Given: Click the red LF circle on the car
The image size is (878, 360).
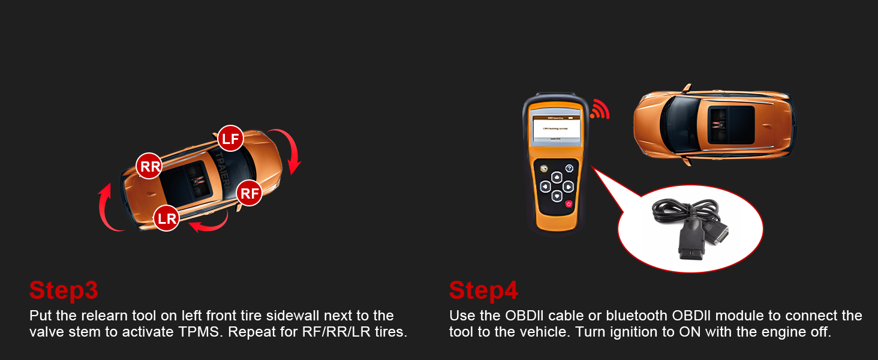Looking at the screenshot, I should (x=230, y=139).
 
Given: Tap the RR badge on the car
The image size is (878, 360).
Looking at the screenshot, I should (x=149, y=166).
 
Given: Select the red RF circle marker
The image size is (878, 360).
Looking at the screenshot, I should (x=249, y=193).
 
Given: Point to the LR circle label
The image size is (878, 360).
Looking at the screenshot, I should (x=167, y=218).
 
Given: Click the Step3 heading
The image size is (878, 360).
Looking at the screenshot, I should (x=64, y=290).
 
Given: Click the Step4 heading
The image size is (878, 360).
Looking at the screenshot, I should (x=483, y=290).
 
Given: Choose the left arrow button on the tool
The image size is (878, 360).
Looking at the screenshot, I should (x=545, y=187).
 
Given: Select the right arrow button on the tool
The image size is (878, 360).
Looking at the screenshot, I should (x=569, y=186).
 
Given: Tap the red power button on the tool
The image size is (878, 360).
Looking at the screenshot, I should (x=569, y=203).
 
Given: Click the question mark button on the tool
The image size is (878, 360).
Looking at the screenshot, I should (x=569, y=169).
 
